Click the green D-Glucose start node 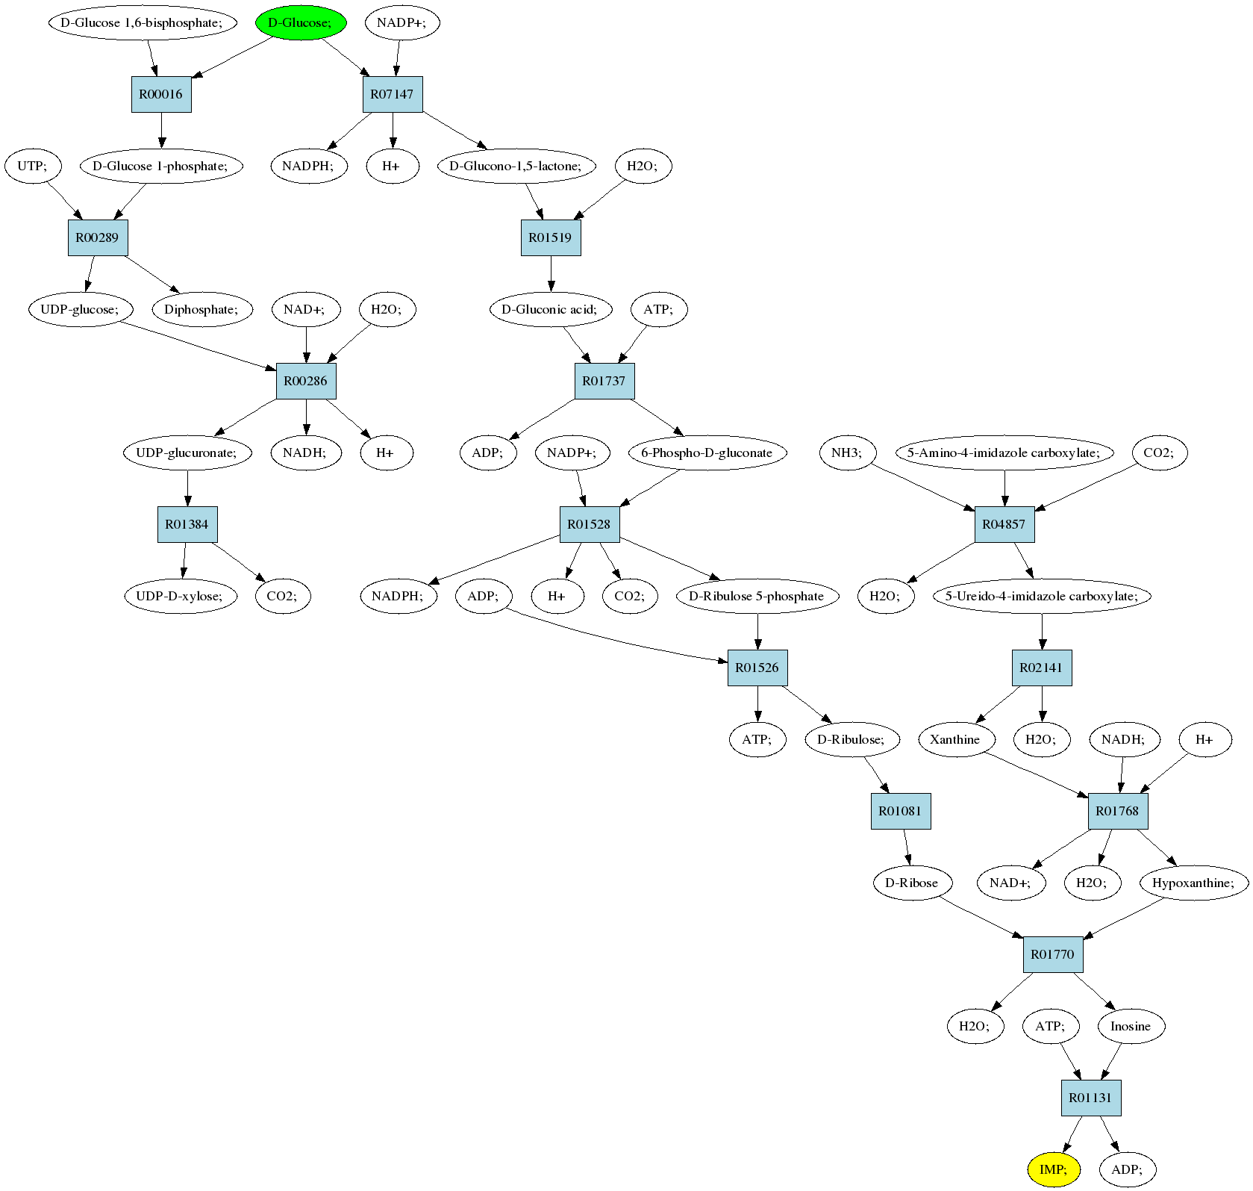[301, 22]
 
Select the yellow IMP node [1053, 1169]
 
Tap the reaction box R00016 [161, 94]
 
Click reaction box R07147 [393, 94]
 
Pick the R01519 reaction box [551, 237]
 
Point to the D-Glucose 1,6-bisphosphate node [143, 22]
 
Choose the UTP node [32, 166]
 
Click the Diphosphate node [201, 309]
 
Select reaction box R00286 [306, 381]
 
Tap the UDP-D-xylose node [181, 596]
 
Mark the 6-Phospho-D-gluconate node [707, 453]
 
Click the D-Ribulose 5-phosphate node [757, 596]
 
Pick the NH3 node [847, 453]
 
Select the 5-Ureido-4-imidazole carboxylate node [1042, 596]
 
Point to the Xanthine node [956, 739]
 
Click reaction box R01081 [901, 811]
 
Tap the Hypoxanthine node [1194, 883]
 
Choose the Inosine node [1131, 1026]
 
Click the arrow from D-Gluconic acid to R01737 [577, 345]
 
